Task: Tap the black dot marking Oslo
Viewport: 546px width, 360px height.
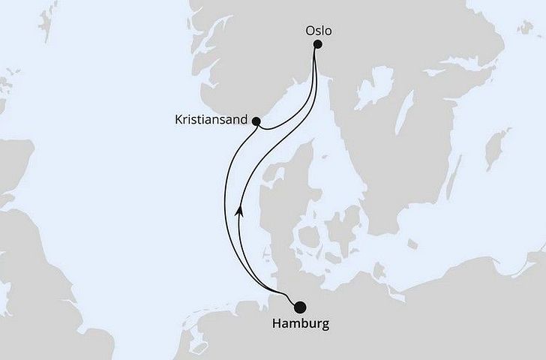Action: point(317,44)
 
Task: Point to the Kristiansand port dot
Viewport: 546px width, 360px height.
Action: point(256,121)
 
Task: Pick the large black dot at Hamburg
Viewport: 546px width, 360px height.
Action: point(300,306)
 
